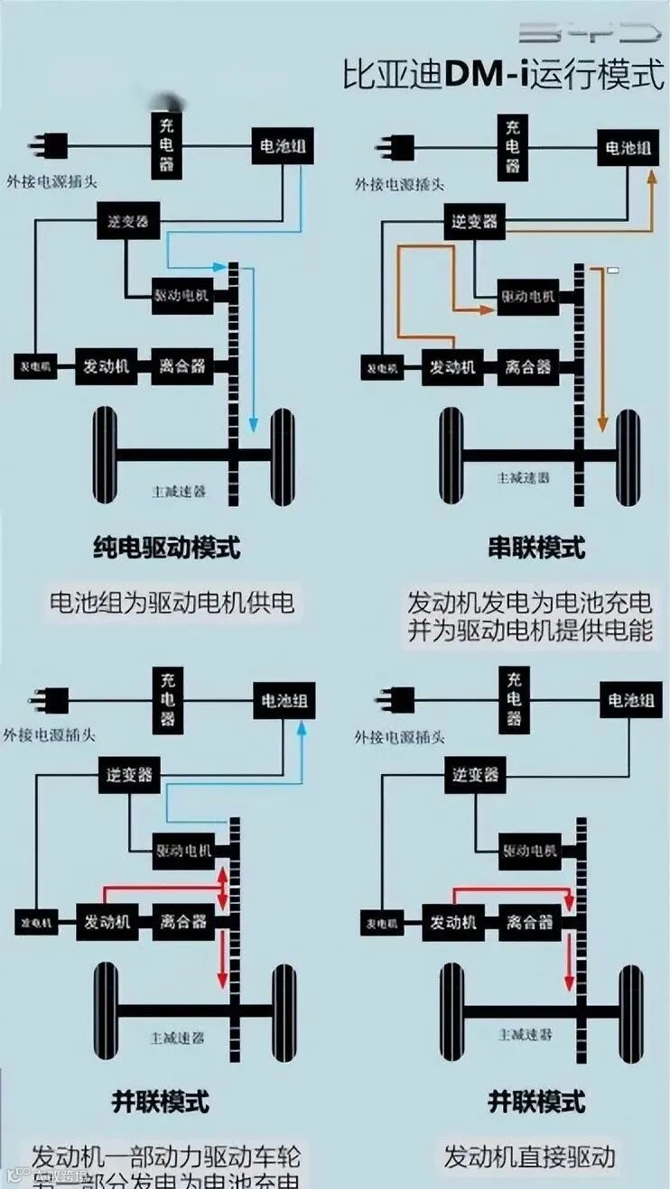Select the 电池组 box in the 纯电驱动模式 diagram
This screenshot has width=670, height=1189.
[284, 146]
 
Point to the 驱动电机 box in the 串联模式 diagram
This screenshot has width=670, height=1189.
[527, 297]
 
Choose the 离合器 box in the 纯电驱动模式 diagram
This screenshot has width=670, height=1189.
[182, 366]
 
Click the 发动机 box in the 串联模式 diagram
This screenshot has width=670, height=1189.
[452, 367]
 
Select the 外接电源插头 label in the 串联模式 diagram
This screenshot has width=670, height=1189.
[399, 185]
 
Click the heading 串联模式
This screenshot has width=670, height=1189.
[536, 548]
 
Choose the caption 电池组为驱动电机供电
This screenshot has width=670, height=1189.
[172, 602]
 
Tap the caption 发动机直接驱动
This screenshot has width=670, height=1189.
[529, 1156]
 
